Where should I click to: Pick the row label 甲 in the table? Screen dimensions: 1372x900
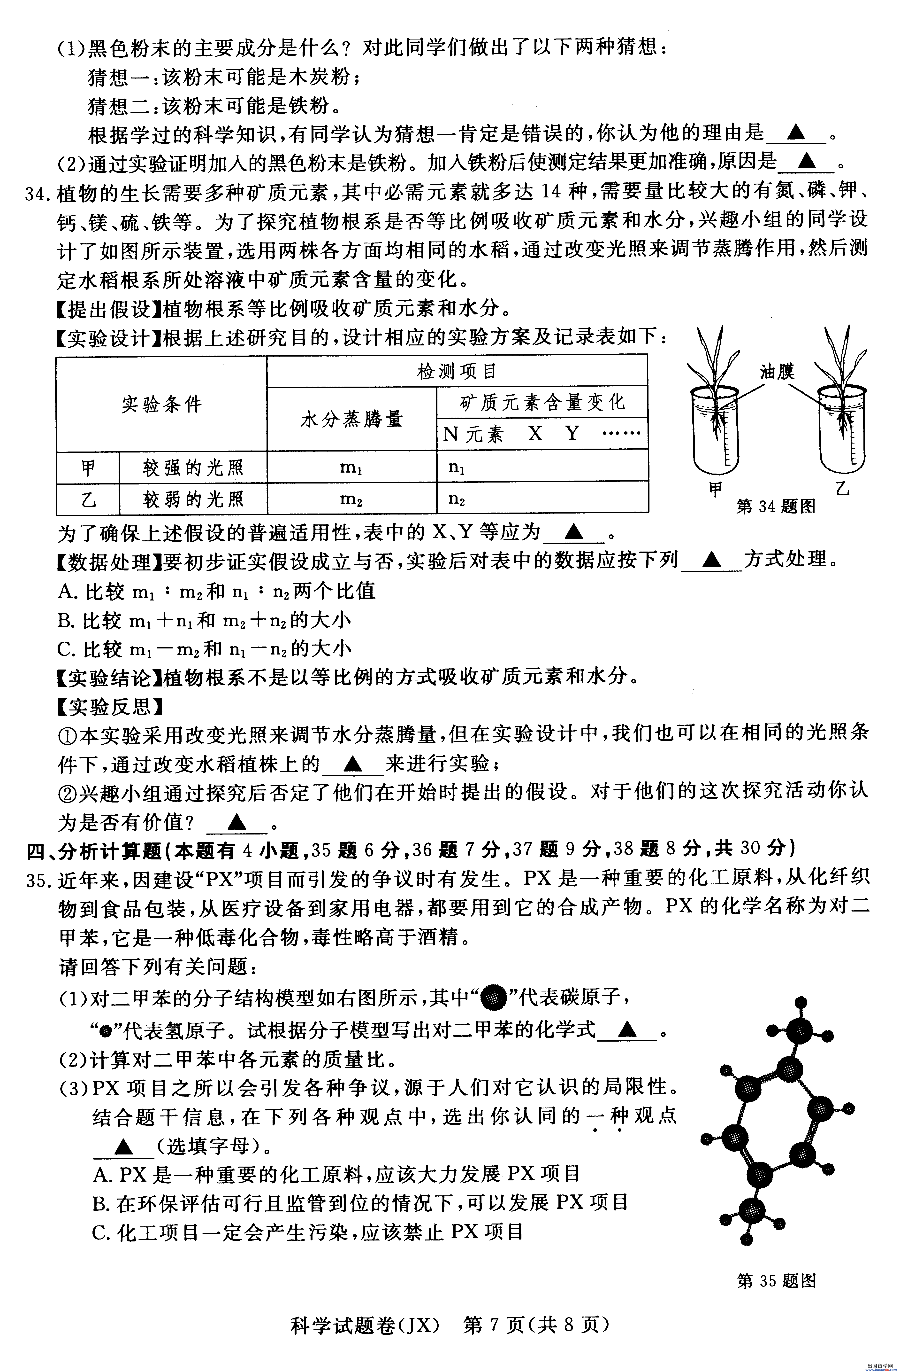(88, 467)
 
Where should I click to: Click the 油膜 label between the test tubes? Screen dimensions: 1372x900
(777, 372)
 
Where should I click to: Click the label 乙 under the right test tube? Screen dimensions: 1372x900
(842, 489)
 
